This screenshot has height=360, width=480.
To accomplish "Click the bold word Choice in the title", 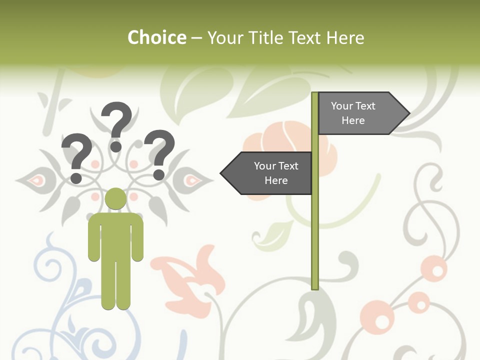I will click(x=156, y=37).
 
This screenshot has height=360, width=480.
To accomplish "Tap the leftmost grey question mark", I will click(x=77, y=156).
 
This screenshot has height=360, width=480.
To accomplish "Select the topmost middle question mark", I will click(x=117, y=125).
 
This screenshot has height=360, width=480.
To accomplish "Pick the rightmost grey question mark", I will click(x=160, y=153).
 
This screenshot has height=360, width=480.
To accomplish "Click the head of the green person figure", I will click(x=116, y=198).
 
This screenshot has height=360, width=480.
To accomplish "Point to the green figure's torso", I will click(x=116, y=235).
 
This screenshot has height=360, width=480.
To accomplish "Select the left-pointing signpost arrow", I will click(x=267, y=173).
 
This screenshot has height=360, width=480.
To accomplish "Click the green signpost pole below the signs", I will click(x=315, y=240).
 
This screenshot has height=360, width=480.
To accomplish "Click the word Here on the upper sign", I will click(x=353, y=120).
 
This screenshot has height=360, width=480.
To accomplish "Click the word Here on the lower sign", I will click(x=276, y=180).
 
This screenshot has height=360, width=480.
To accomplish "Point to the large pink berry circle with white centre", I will click(x=434, y=269).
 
